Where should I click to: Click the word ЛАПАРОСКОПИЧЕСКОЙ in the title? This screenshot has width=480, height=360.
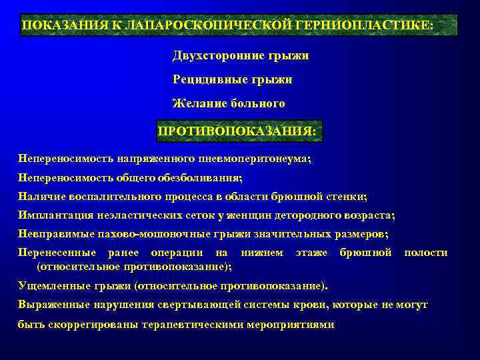199,25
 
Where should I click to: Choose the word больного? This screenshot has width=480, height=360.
257,103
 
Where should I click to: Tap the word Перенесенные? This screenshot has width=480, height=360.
56,253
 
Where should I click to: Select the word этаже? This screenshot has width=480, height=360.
311,253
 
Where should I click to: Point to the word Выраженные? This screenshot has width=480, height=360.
49,305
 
